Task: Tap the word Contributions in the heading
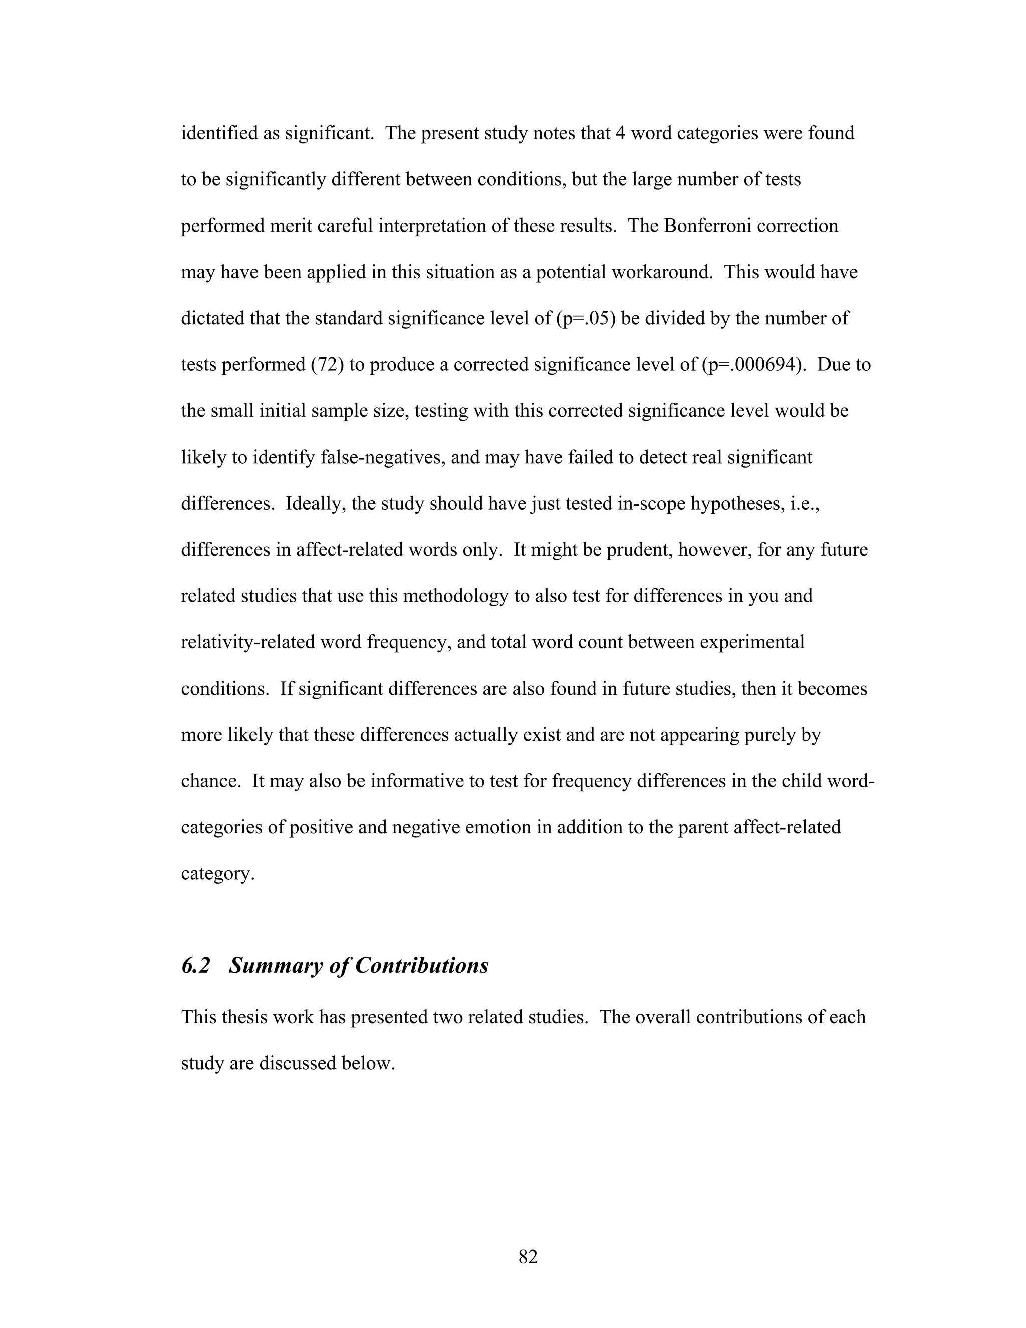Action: (x=422, y=966)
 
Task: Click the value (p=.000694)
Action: (x=755, y=365)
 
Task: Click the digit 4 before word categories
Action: (x=620, y=133)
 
